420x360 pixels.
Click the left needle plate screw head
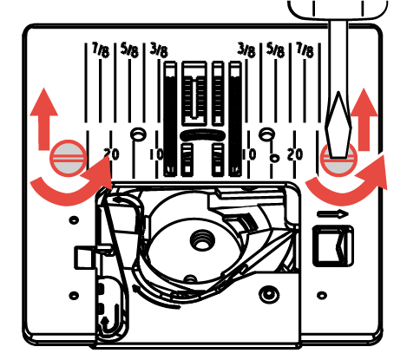pyautogui.click(x=69, y=158)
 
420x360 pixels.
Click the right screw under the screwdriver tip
pyautogui.click(x=339, y=159)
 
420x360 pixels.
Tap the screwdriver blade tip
pyautogui.click(x=338, y=156)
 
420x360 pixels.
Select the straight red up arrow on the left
pyautogui.click(x=44, y=119)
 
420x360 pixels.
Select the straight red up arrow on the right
pyautogui.click(x=364, y=119)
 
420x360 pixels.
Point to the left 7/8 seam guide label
pyautogui.click(x=101, y=49)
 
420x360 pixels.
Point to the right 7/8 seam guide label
pyautogui.click(x=305, y=50)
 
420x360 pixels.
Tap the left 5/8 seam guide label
pyautogui.click(x=129, y=49)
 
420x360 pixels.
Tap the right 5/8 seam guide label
pyautogui.click(x=275, y=50)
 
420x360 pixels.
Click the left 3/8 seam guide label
pyautogui.click(x=159, y=50)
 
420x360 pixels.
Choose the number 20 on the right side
pyautogui.click(x=295, y=154)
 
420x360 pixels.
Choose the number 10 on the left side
pyautogui.click(x=156, y=154)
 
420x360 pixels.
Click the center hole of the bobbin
pyautogui.click(x=202, y=240)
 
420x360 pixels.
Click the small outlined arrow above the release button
pyautogui.click(x=332, y=214)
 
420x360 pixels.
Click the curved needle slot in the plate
pyautogui.click(x=203, y=135)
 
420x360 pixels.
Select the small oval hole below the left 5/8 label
pyautogui.click(x=138, y=134)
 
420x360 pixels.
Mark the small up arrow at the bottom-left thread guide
pyautogui.click(x=105, y=320)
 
